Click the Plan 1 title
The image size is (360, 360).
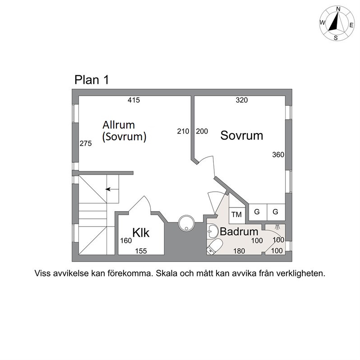pyautogui.click(x=92, y=80)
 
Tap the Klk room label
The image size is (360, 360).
pyautogui.click(x=141, y=232)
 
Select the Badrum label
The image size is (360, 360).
pyautogui.click(x=239, y=231)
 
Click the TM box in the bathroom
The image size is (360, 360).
pyautogui.click(x=237, y=214)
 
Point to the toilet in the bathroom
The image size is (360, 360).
pyautogui.click(x=215, y=247)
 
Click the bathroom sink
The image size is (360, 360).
pyautogui.click(x=212, y=231)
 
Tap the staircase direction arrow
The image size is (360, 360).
pyautogui.click(x=112, y=189)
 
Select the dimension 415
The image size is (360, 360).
pyautogui.click(x=134, y=100)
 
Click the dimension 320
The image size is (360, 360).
pyautogui.click(x=242, y=100)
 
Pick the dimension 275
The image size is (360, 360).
pyautogui.click(x=86, y=143)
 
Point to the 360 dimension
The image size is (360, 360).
pyautogui.click(x=278, y=155)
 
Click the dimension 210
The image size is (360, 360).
pyautogui.click(x=183, y=131)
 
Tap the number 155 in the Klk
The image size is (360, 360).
pyautogui.click(x=141, y=251)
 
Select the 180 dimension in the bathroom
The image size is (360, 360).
pyautogui.click(x=239, y=251)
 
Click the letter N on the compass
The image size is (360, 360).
pyautogui.click(x=338, y=9)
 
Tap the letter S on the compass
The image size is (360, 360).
pyautogui.click(x=336, y=38)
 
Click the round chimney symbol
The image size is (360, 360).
pyautogui.click(x=186, y=223)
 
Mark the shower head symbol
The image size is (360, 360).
pyautogui.click(x=277, y=227)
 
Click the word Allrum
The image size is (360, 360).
pyautogui.click(x=119, y=125)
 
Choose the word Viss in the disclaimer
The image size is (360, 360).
pyautogui.click(x=42, y=273)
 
